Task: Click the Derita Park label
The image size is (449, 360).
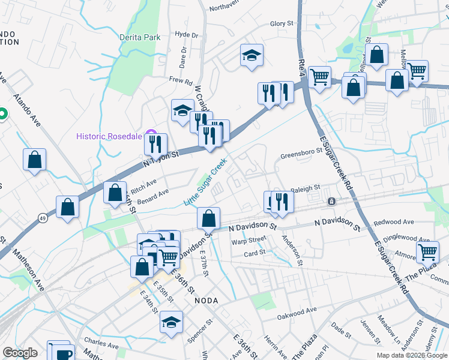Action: pyautogui.click(x=140, y=37)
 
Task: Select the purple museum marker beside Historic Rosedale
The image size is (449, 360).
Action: pyautogui.click(x=151, y=136)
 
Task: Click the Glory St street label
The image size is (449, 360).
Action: pyautogui.click(x=281, y=24)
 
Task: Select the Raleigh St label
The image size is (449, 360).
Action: pyautogui.click(x=306, y=188)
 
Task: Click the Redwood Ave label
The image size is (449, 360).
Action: pyautogui.click(x=394, y=222)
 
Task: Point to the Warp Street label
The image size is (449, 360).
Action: pyautogui.click(x=249, y=239)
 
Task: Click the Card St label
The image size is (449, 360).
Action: pyautogui.click(x=255, y=253)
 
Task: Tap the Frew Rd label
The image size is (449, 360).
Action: pyautogui.click(x=180, y=80)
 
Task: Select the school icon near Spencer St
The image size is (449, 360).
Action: pyautogui.click(x=171, y=322)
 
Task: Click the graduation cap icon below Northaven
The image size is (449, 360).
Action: pyautogui.click(x=252, y=56)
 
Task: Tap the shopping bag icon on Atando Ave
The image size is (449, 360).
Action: pyautogui.click(x=35, y=160)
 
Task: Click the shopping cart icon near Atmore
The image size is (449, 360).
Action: pyautogui.click(x=428, y=252)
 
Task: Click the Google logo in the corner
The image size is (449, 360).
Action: pyautogui.click(x=20, y=353)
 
